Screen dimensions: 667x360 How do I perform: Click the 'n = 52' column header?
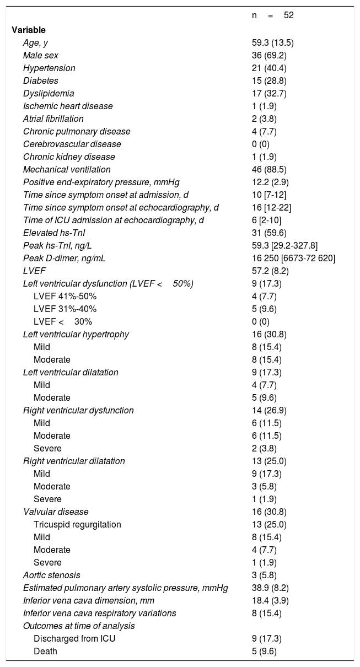pos(272,15)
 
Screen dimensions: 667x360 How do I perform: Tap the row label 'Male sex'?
pos(41,55)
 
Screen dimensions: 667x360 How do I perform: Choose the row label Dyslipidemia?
pos(49,93)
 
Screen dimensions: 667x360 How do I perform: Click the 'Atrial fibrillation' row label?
pos(53,119)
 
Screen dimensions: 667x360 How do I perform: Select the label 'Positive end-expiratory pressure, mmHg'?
pos(101,182)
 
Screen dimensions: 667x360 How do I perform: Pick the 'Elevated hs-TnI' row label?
pos(50,233)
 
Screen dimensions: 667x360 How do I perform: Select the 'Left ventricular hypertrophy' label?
pos(76,334)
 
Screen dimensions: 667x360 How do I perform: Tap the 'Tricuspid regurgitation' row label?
pos(77,524)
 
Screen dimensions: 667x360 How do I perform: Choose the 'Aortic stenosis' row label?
pos(51,575)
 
